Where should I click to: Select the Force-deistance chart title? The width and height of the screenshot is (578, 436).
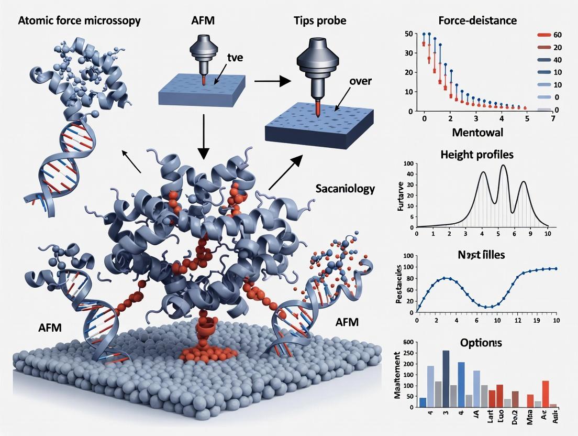(477, 21)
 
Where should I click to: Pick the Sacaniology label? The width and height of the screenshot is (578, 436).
(345, 189)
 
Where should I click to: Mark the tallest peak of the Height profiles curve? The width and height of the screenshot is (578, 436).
(504, 166)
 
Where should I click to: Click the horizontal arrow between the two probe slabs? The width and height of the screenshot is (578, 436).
(271, 81)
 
